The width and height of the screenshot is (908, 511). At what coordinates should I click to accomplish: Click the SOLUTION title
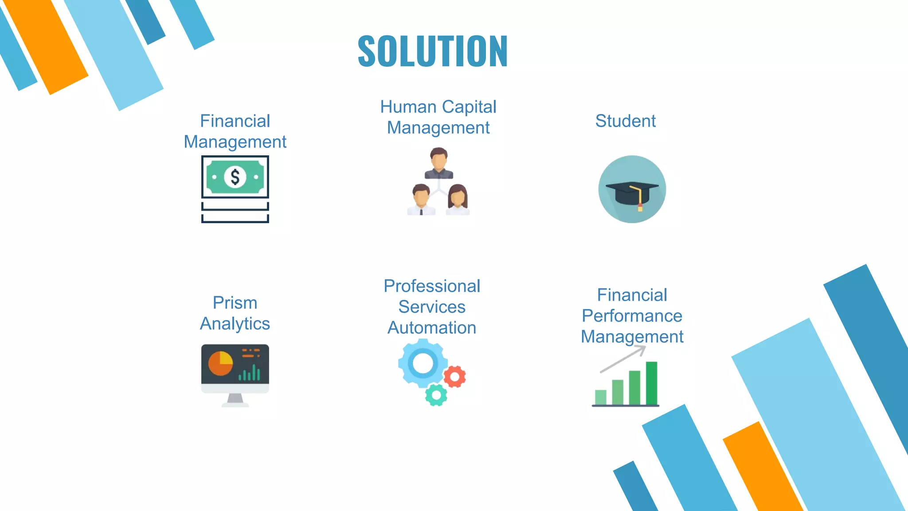pyautogui.click(x=433, y=51)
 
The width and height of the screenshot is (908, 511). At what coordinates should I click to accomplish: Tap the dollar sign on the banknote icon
pyautogui.click(x=235, y=177)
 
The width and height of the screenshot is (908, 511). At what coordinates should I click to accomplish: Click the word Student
pyautogui.click(x=625, y=121)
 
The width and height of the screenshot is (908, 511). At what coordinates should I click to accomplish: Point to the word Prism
pyautogui.click(x=235, y=303)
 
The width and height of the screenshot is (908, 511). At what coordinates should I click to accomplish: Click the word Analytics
pyautogui.click(x=235, y=323)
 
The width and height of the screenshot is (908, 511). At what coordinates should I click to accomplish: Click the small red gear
pyautogui.click(x=454, y=377)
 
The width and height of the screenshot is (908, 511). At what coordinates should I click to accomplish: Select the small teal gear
pyautogui.click(x=436, y=395)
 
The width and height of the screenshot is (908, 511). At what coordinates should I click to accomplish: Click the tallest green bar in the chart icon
pyautogui.click(x=651, y=383)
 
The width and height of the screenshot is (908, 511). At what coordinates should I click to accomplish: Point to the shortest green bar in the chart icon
pyautogui.click(x=601, y=397)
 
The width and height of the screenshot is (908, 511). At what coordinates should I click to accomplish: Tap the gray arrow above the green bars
pyautogui.click(x=623, y=359)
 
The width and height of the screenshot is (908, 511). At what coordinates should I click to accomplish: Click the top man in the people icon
pyautogui.click(x=438, y=163)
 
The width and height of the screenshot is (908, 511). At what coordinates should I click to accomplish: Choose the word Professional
pyautogui.click(x=432, y=286)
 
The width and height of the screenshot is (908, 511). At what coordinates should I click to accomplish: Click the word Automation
pyautogui.click(x=432, y=328)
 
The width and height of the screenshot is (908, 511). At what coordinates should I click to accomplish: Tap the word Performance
pyautogui.click(x=632, y=316)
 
